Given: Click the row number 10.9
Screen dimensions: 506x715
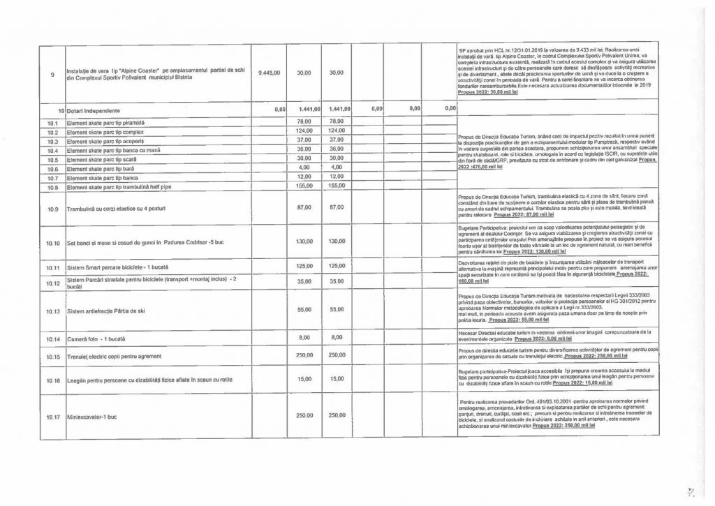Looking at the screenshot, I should pyautogui.click(x=54, y=209).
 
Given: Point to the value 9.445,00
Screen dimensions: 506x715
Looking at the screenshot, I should pyautogui.click(x=269, y=73).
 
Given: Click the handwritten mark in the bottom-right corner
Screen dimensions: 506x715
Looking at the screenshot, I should pyautogui.click(x=688, y=492).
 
